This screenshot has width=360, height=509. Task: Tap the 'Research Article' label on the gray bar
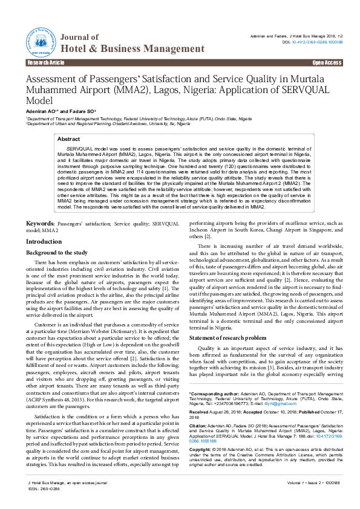tap(44, 63)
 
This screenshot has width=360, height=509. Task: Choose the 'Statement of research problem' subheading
tap(227, 337)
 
